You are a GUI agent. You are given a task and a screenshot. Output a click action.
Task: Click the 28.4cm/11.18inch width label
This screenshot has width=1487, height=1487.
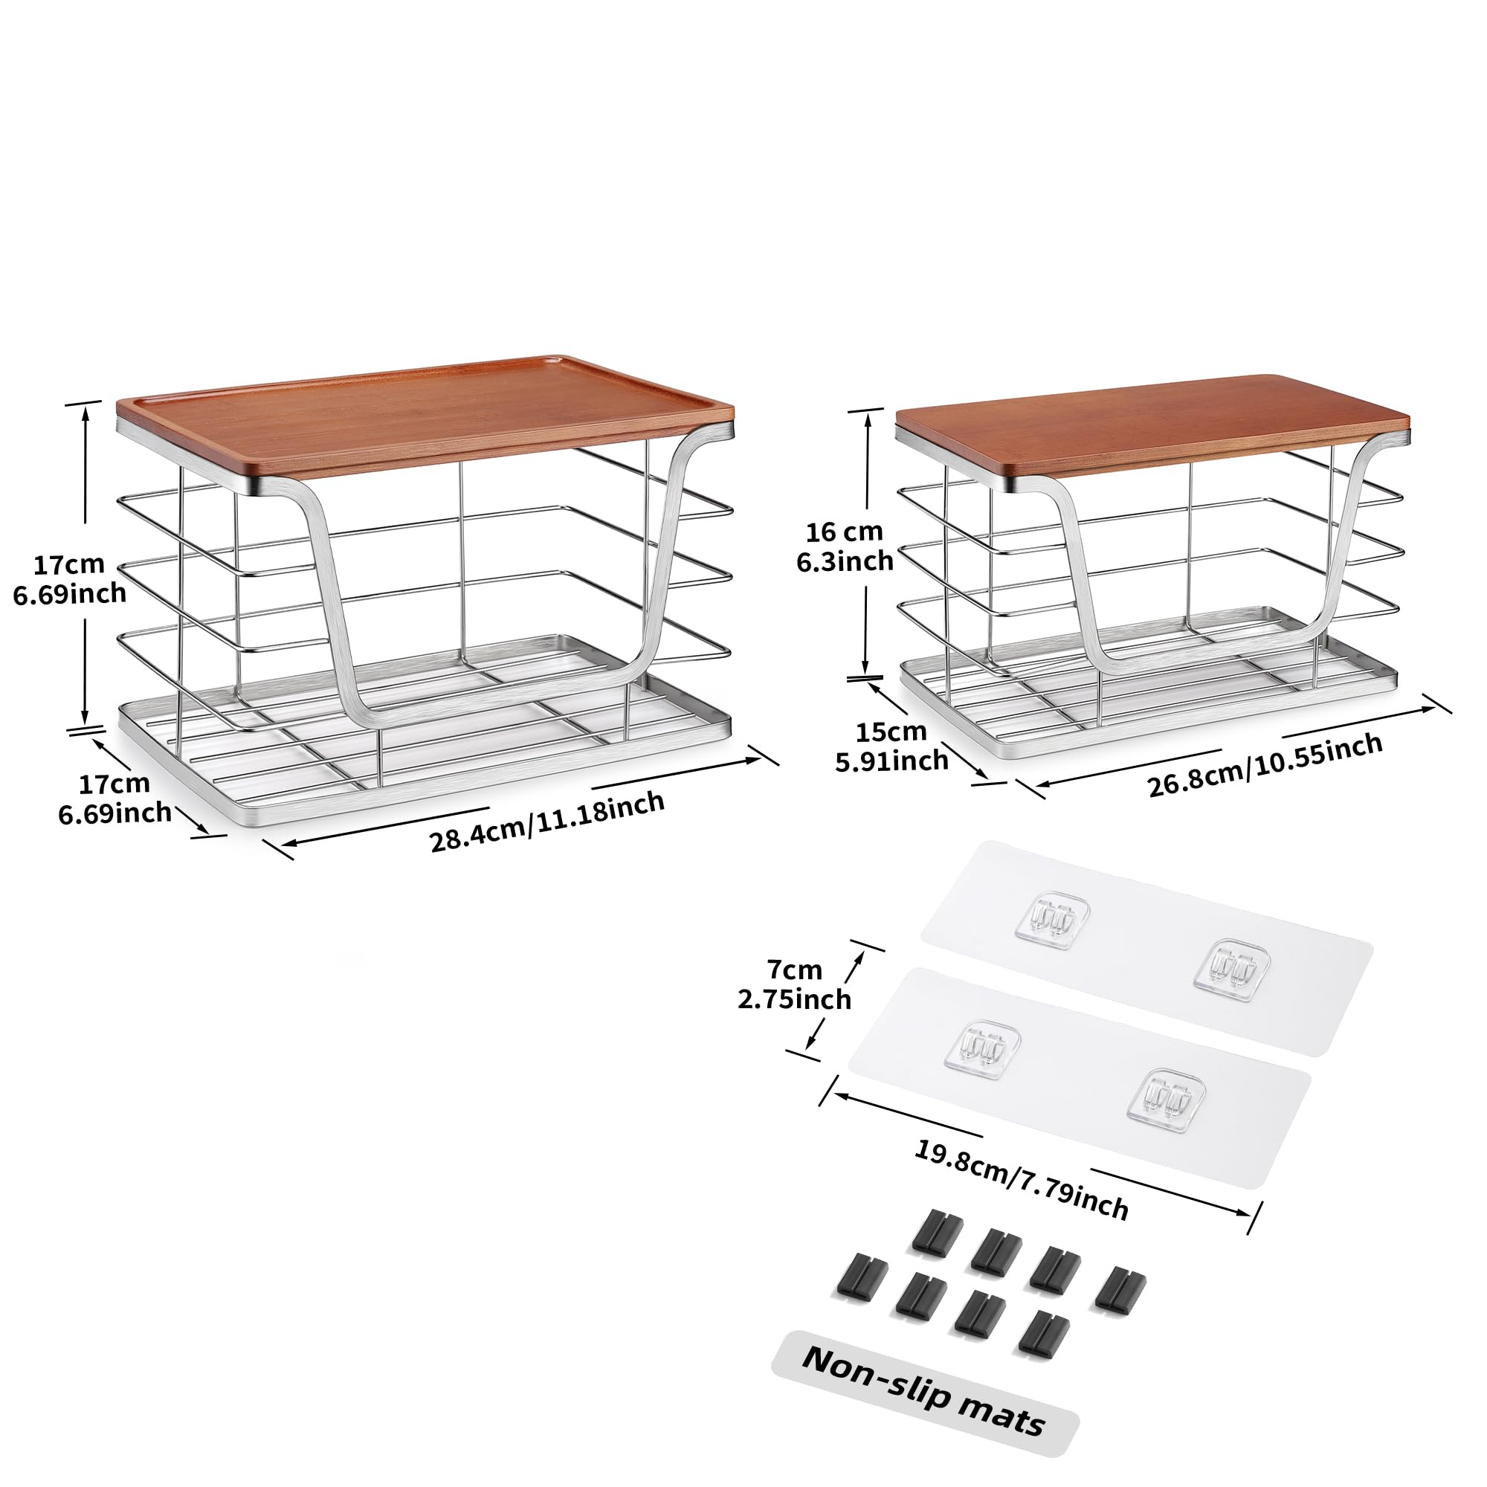point(546,822)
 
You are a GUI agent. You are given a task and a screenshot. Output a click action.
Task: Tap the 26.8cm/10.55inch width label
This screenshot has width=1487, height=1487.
point(1265,765)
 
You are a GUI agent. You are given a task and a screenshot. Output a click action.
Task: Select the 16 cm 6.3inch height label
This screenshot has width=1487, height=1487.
point(845,546)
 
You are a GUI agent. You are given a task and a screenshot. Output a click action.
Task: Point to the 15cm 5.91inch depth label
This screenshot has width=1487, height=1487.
point(891,746)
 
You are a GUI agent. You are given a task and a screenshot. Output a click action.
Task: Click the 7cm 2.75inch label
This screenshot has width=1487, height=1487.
point(794,984)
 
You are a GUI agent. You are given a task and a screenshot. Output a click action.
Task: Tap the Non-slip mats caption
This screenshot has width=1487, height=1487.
point(923,1401)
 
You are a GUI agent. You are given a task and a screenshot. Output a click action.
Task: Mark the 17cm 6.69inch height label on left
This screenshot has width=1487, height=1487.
point(69,578)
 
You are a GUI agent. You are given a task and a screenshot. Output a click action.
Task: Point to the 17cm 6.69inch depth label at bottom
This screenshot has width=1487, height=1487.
point(114,798)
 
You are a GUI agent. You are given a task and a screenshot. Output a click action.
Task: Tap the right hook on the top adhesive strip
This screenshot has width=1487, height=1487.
point(1231,969)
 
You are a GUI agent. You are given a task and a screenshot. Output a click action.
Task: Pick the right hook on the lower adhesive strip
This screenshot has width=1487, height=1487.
point(1165,1100)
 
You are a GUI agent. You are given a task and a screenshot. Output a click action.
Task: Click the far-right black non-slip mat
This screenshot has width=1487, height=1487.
point(1120,1289)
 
